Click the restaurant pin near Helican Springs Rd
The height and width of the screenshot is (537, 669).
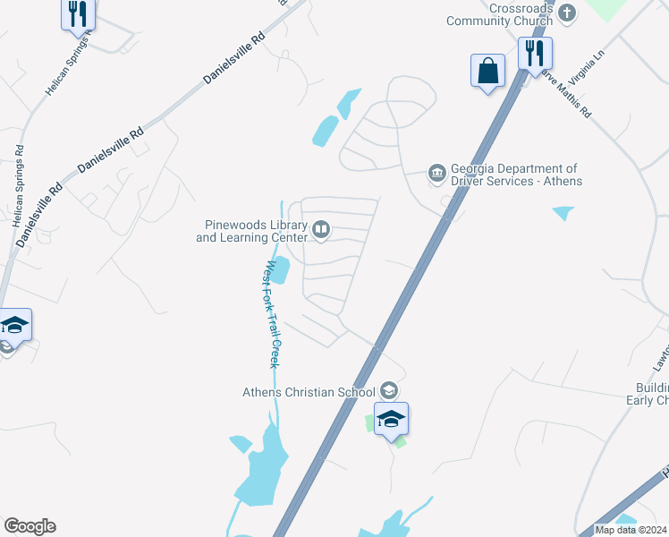(x=78, y=14)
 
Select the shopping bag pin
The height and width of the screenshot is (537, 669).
(x=487, y=71)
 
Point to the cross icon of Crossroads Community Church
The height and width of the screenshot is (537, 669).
(x=564, y=13)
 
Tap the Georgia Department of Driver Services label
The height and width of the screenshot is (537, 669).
(x=516, y=175)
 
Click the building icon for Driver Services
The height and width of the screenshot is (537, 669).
(x=436, y=172)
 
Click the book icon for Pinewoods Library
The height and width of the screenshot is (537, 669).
(x=320, y=231)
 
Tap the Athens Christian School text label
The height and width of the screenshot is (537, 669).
(x=310, y=391)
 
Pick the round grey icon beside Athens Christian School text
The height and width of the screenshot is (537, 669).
(x=388, y=390)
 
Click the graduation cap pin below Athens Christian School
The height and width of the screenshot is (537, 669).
(x=391, y=419)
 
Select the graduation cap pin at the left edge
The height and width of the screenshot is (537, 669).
(x=13, y=325)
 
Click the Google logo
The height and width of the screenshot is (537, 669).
(x=30, y=526)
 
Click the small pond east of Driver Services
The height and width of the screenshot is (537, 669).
(x=563, y=213)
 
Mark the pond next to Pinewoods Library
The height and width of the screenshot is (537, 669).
(x=279, y=269)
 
